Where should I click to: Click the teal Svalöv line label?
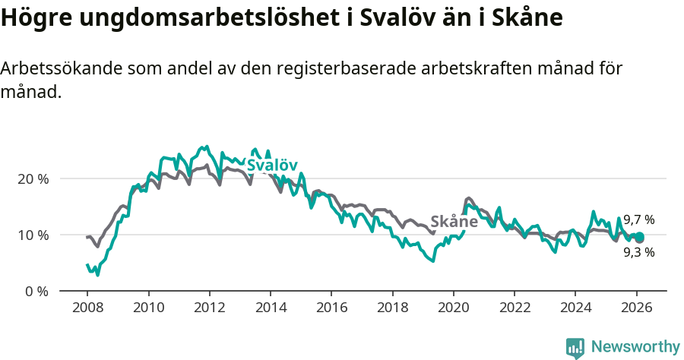click(x=272, y=166)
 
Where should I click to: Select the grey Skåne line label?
click(x=454, y=222)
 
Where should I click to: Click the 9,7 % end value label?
click(x=638, y=220)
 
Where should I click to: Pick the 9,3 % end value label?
click(x=638, y=253)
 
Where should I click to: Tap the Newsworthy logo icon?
click(x=575, y=348)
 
